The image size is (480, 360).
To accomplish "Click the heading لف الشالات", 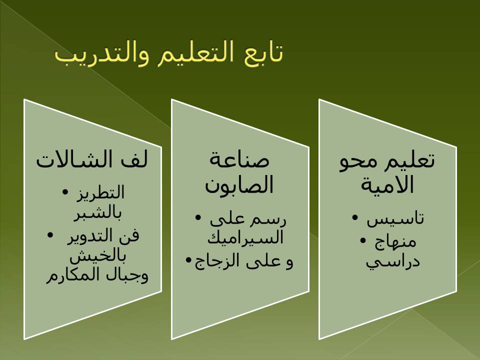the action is tap(92, 159).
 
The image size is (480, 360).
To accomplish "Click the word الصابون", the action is tap(239, 185).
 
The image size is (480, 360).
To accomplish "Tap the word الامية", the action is tap(387, 184).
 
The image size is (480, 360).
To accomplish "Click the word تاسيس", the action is tap(395, 218).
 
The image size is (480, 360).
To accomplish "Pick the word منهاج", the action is tap(395, 242).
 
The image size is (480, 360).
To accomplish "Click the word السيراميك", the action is tap(245, 237).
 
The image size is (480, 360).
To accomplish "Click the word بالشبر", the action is tap(97, 213).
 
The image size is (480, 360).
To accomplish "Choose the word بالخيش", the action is tap(97, 256).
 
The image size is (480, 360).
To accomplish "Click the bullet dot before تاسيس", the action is tap(355, 217).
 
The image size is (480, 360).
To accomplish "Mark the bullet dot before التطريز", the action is tap(65, 192).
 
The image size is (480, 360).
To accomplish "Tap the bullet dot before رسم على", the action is tap(198, 217).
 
